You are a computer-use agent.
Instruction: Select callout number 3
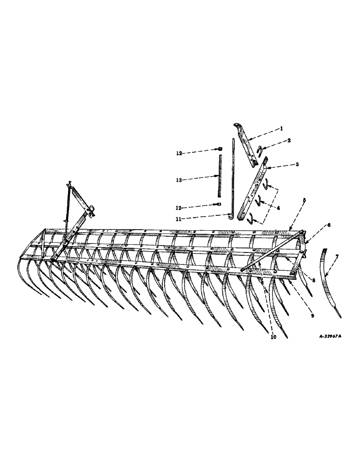tap(284, 164)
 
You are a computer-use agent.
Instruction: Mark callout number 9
tap(312, 315)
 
